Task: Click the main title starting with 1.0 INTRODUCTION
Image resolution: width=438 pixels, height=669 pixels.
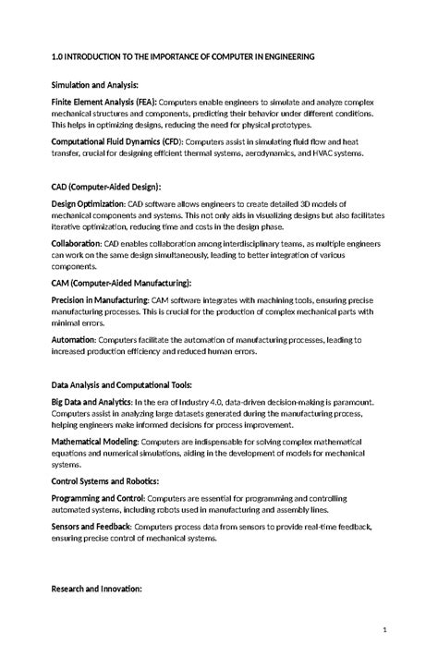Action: (183, 57)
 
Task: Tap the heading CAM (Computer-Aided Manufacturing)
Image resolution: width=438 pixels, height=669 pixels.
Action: (121, 282)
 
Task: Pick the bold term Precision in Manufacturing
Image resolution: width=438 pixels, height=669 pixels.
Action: (100, 299)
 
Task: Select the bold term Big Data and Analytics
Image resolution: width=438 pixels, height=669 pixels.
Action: (91, 402)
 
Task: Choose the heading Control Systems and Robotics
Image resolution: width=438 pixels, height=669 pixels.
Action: (104, 481)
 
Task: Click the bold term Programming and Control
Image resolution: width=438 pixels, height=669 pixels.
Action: (91, 499)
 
